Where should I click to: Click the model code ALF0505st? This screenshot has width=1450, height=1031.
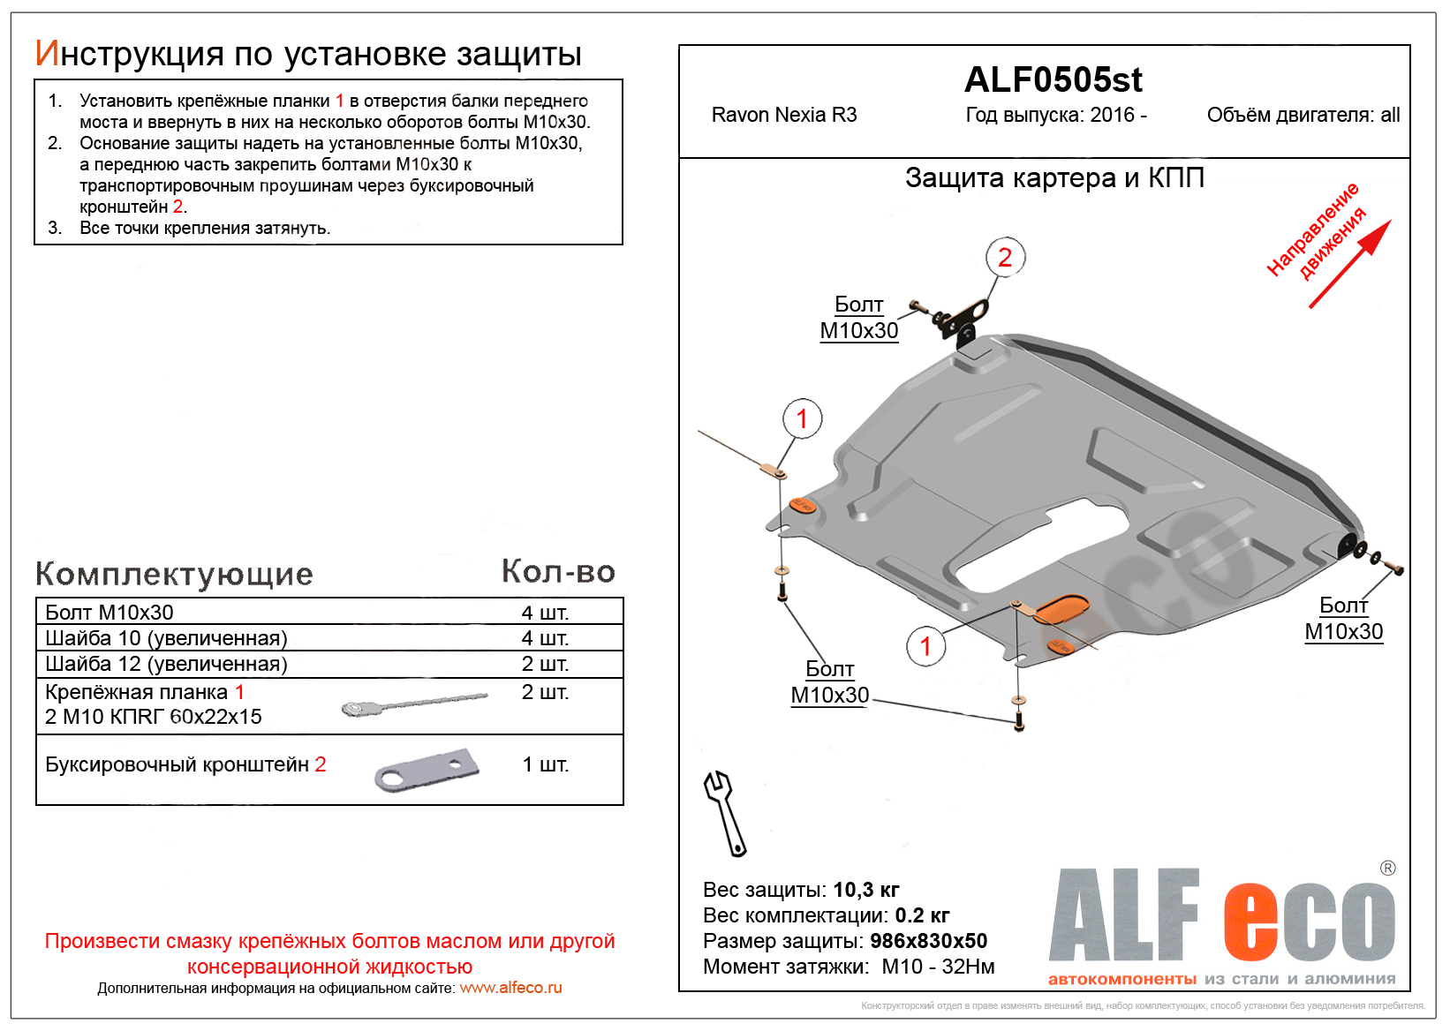pos(1053,80)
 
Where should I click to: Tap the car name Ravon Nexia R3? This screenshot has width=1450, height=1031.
pos(784,115)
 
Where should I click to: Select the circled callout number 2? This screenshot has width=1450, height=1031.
pos(1005,257)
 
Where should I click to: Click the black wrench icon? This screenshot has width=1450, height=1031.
pos(725,813)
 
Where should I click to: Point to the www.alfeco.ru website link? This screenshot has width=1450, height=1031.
pos(510,988)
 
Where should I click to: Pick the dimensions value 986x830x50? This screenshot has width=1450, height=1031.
pos(928,941)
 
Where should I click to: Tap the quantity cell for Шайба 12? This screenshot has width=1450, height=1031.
pos(545,664)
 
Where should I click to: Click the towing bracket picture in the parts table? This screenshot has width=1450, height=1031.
pos(427,770)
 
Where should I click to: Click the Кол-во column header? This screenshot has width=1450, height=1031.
pos(558,571)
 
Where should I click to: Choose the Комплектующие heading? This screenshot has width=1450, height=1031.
pos(174,574)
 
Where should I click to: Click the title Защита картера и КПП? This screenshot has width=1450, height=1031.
pos(1054,178)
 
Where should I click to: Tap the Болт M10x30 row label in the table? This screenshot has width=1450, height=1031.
pos(110,612)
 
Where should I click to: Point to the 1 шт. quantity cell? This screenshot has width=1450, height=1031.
pos(545,764)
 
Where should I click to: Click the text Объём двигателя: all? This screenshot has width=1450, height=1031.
pos(1303,115)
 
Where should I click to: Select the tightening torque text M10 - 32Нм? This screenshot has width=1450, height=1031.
pos(938,967)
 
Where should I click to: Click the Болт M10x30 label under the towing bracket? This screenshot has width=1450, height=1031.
pos(858,318)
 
